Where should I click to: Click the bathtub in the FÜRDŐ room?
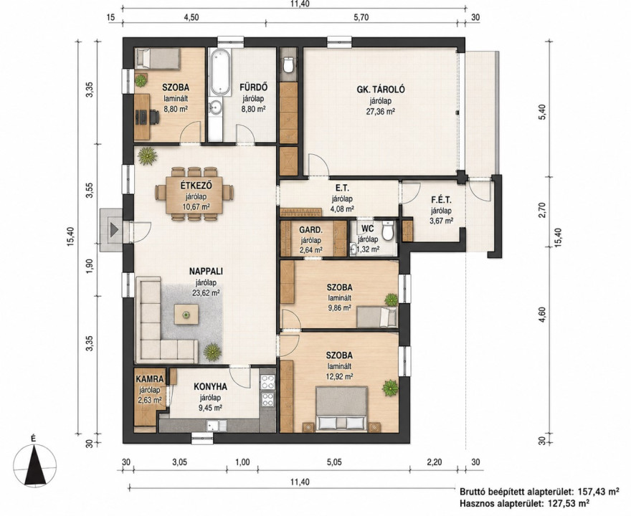(x=219, y=73)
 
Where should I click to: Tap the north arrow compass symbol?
(x=34, y=463)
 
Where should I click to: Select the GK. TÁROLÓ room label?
(x=380, y=90)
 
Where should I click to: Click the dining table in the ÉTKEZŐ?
(x=194, y=194)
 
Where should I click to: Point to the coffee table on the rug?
(x=186, y=315)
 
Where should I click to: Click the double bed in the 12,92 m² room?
(x=341, y=408)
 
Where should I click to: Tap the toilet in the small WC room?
(x=387, y=231)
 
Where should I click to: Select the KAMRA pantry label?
(x=150, y=379)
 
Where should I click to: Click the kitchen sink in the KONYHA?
(x=217, y=425)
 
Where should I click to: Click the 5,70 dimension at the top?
(x=361, y=17)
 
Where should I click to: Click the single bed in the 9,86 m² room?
(x=377, y=317)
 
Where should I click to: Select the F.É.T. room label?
(x=441, y=199)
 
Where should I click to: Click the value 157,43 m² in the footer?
(x=599, y=491)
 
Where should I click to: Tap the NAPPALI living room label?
(x=206, y=271)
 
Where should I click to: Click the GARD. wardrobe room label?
(x=310, y=230)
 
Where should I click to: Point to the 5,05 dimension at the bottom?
(x=333, y=462)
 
